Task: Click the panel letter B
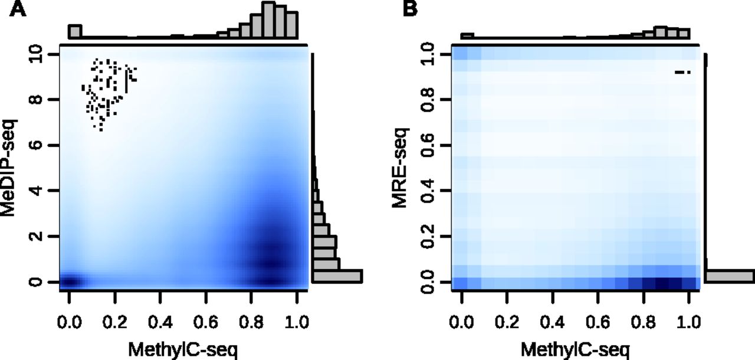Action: tap(410, 11)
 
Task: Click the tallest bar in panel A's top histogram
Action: tap(268, 20)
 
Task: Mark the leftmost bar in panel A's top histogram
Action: tap(75, 32)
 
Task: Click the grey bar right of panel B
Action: tap(729, 276)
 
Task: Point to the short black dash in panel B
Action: tap(682, 73)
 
